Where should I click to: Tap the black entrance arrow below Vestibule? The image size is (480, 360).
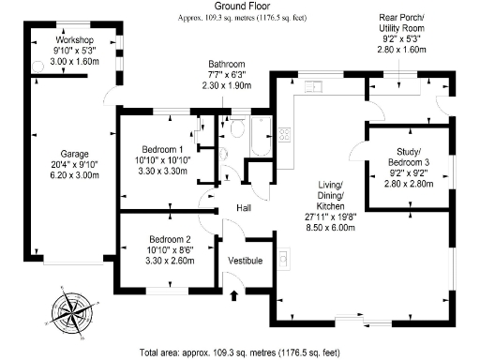tap(233, 296)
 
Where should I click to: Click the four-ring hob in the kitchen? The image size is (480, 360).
tap(282, 133)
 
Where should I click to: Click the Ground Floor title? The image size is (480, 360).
tap(239, 7)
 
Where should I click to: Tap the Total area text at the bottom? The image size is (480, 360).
tap(238, 352)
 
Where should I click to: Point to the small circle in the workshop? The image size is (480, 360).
tap(38, 64)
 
